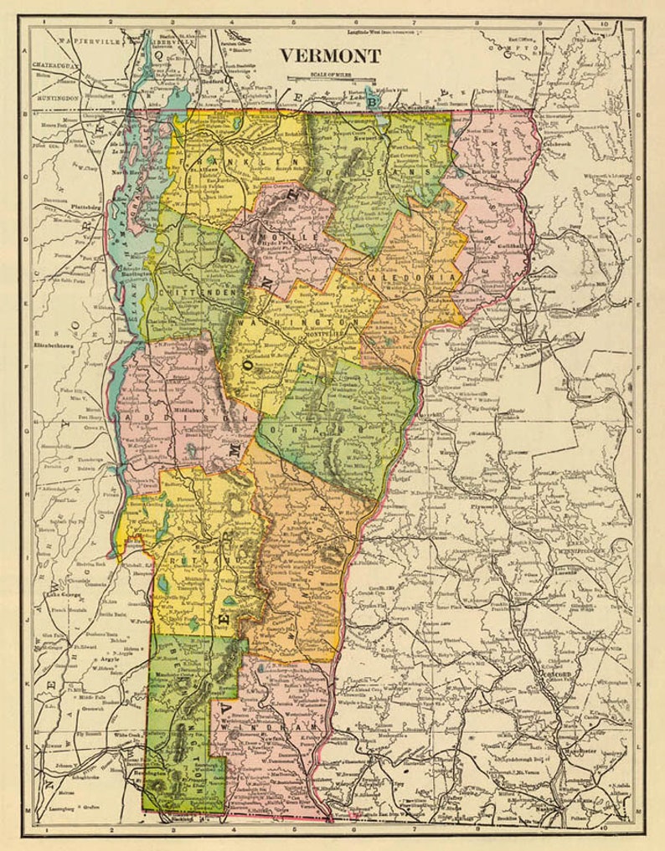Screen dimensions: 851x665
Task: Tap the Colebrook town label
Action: [x=561, y=141]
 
